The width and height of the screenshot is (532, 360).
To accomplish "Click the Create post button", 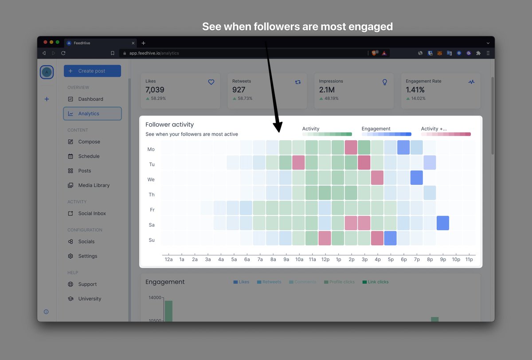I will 92,71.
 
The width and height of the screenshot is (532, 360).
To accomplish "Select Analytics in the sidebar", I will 92,113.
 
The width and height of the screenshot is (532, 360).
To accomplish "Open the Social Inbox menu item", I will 92,213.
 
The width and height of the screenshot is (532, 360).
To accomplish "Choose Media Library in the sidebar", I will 94,185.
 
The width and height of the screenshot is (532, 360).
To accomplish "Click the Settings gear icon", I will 70,256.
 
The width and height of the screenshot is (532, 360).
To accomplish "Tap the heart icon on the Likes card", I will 211,82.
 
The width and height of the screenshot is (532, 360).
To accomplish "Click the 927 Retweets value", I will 239,90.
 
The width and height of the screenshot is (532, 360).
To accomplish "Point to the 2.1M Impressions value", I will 327,90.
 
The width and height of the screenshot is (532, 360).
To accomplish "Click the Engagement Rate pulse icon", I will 471,82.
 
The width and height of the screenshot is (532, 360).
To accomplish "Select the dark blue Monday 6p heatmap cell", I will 403,148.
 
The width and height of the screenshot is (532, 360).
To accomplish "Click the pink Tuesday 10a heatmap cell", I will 298,163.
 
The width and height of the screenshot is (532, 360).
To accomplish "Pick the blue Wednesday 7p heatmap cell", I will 416,178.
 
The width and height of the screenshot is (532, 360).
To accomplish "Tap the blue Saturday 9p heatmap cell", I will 442,223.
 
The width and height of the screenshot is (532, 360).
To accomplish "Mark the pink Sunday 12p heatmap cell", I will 325,238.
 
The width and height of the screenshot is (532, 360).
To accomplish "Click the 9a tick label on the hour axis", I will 286,259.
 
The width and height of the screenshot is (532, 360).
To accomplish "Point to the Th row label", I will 152,195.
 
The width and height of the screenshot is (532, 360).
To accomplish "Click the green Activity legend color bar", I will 327,134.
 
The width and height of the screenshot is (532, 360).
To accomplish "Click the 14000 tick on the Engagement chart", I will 155,297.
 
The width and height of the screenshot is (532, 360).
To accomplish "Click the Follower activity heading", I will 170,125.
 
